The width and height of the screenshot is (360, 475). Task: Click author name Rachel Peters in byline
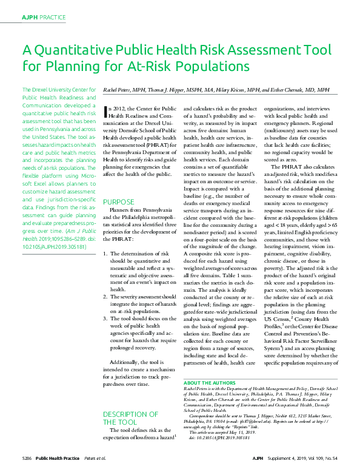click(x=120, y=89)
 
